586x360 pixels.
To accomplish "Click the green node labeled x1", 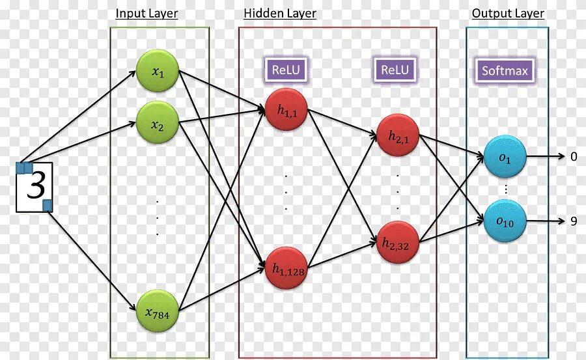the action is click(157, 71).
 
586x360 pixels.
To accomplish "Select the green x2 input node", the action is click(157, 122).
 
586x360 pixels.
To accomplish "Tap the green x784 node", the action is click(157, 312).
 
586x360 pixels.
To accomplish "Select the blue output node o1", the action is click(505, 157).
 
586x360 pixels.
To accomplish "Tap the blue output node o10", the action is click(505, 221).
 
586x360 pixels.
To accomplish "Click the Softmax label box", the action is click(505, 71).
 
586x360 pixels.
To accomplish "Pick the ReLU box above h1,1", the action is click(286, 70).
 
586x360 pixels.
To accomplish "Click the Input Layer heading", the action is click(146, 13).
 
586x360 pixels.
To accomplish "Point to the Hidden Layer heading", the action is click(280, 13).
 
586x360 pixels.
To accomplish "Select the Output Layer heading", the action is click(508, 13).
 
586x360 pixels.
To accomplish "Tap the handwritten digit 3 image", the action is click(35, 186).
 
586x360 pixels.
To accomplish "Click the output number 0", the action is click(574, 156).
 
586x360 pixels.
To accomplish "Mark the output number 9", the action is click(574, 221).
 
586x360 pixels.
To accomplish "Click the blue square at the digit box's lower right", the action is click(48, 206).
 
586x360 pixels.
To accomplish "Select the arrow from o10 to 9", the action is click(546, 221).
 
